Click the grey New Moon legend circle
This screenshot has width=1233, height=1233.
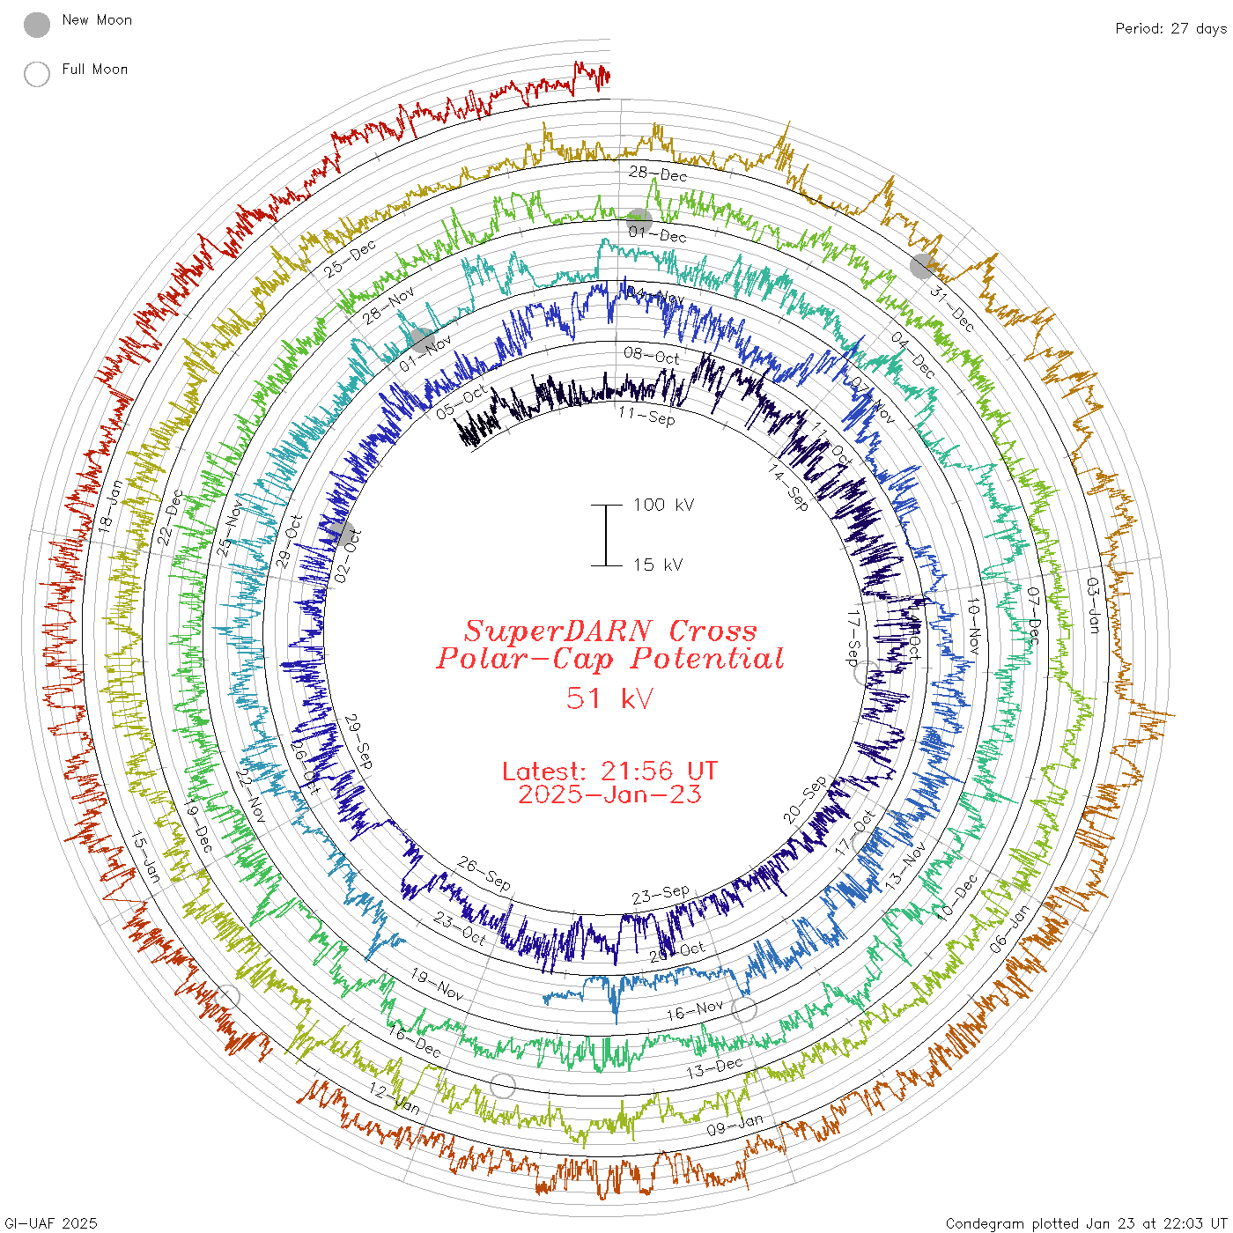pos(37,26)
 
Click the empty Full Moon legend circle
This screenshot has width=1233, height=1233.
pos(37,74)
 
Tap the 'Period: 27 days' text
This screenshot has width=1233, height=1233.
pos(1170,29)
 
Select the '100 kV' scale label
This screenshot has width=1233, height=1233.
pos(663,505)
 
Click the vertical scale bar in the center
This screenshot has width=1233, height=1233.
pos(606,535)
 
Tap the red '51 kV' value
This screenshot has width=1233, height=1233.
pos(609,698)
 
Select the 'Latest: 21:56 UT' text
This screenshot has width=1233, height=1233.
pos(609,772)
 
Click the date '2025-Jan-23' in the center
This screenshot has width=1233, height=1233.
pos(609,794)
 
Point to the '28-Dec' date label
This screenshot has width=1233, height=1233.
pos(658,174)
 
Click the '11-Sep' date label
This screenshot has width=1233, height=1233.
pos(647,416)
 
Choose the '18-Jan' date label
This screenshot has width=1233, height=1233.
pos(108,505)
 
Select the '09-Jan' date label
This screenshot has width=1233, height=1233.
pos(735,1125)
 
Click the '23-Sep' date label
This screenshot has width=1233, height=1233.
pos(661,896)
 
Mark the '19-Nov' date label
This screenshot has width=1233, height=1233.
pos(437,985)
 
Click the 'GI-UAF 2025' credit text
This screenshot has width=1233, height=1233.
pos(51,1223)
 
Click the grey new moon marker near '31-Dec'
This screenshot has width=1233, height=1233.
pos(922,266)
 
